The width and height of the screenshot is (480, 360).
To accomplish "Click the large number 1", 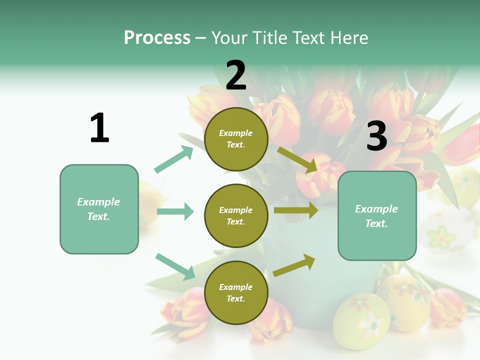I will point(99,128).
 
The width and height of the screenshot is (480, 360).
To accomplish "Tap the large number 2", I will point(236,75).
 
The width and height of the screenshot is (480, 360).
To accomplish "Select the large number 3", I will point(377,136).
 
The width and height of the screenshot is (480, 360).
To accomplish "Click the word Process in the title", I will point(157,37).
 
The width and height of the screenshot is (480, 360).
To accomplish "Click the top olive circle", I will point(236,139).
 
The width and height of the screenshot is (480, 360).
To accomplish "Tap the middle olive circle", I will point(236,215).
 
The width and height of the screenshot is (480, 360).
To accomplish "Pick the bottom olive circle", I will point(236,292).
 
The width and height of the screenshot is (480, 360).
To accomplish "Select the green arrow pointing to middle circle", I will point(175,211).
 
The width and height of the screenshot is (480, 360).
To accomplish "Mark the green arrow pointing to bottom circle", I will point(175,266).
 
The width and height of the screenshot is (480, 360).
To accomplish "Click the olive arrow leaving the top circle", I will point(297,160).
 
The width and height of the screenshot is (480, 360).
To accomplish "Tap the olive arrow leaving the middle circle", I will point(296,210).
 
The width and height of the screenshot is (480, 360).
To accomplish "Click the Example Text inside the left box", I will point(98,209).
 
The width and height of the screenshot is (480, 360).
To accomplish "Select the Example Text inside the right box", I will point(376,216).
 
